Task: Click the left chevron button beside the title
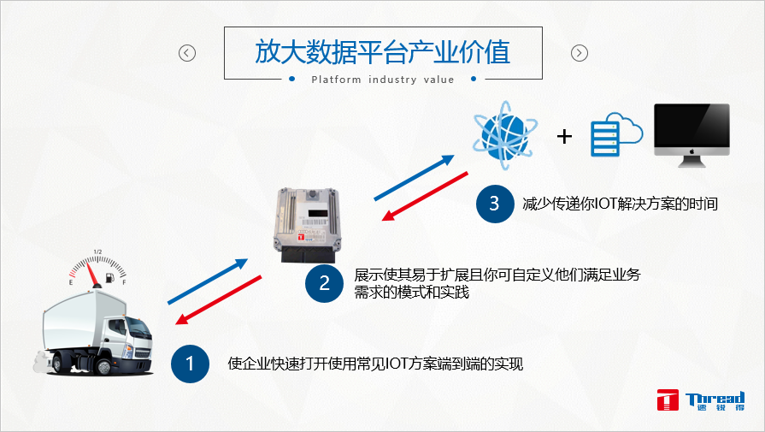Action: point(187,53)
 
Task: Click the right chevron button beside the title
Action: point(580,53)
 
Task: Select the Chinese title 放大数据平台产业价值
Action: point(383,51)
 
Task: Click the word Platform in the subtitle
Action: point(336,80)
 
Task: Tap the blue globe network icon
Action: point(505,134)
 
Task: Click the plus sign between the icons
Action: point(564,136)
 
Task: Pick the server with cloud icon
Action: point(616,134)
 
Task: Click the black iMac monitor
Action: point(691,135)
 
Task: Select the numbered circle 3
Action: point(495,204)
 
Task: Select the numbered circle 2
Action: point(325,283)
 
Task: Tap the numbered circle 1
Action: point(191,364)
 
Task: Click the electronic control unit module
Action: point(307,225)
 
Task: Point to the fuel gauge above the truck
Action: point(97,269)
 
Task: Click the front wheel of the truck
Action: point(104,366)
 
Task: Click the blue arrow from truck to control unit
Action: point(208,281)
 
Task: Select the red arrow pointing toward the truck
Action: point(218,300)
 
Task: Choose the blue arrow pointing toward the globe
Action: point(415,178)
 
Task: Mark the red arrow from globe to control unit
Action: point(425,196)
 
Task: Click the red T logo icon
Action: point(668,399)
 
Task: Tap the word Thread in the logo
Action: point(715,398)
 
